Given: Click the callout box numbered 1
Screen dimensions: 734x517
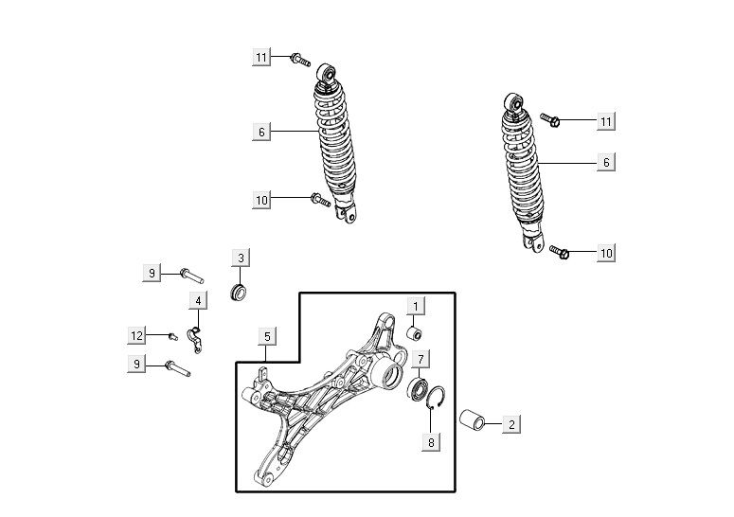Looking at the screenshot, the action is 416,307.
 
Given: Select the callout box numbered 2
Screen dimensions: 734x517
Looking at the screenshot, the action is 511,424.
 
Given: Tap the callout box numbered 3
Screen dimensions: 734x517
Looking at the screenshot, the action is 241,258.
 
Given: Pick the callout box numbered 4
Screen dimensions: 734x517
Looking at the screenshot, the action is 199,301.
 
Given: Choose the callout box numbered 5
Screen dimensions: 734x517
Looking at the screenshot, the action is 267,336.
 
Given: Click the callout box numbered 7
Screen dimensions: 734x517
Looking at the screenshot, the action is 421,359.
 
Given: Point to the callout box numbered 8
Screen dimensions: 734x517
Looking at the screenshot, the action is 431,441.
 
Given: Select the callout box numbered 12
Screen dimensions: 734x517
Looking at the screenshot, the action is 136,335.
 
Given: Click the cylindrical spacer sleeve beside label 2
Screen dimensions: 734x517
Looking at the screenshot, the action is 472,419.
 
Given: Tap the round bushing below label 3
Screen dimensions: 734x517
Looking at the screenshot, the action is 239,291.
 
